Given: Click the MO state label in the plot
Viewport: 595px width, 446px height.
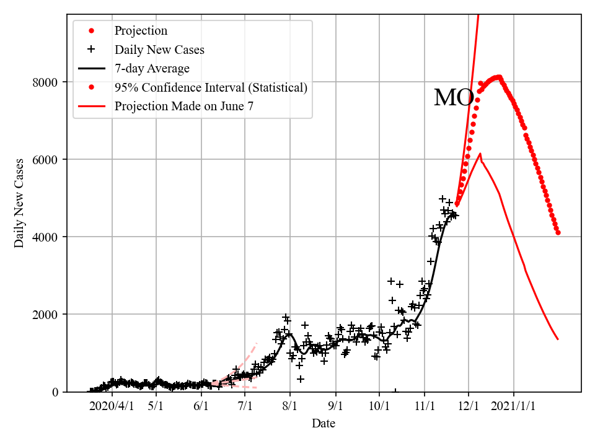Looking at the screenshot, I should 454,98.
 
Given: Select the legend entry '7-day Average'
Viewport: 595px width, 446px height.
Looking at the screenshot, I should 152,69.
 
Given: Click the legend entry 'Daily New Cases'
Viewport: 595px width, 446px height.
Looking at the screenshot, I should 159,50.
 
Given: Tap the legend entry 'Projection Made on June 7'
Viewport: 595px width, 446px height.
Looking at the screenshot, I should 183,107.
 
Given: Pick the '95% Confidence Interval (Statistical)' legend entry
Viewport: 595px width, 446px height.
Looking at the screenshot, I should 211,87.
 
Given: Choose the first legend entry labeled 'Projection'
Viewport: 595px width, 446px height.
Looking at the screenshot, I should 141,31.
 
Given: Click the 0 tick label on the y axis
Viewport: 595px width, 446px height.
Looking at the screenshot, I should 56,392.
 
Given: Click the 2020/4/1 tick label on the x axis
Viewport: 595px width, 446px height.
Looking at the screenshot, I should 112,406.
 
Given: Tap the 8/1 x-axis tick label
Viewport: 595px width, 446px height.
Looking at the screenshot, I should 290,406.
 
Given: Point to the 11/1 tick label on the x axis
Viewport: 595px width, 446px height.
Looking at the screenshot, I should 425,406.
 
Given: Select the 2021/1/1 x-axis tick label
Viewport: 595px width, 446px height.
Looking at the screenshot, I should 514,406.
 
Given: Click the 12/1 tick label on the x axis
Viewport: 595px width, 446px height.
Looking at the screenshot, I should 469,406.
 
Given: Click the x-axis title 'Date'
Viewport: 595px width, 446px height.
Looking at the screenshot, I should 324,424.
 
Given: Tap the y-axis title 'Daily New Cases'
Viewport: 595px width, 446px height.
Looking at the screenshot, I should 20,203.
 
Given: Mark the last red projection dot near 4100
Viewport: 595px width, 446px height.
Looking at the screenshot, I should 558,233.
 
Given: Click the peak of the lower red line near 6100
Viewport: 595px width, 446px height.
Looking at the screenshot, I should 480,154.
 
